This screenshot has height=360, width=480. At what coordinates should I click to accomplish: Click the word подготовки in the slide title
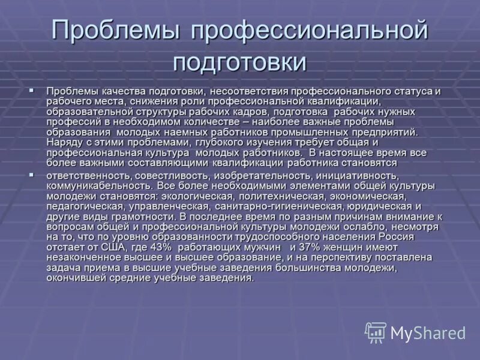pos(240,62)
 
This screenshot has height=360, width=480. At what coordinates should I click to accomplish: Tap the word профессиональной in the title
pos(310,31)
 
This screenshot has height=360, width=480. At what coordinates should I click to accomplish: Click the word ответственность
pos(88,176)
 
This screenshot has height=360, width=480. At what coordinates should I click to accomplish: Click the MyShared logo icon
pos(376,332)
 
